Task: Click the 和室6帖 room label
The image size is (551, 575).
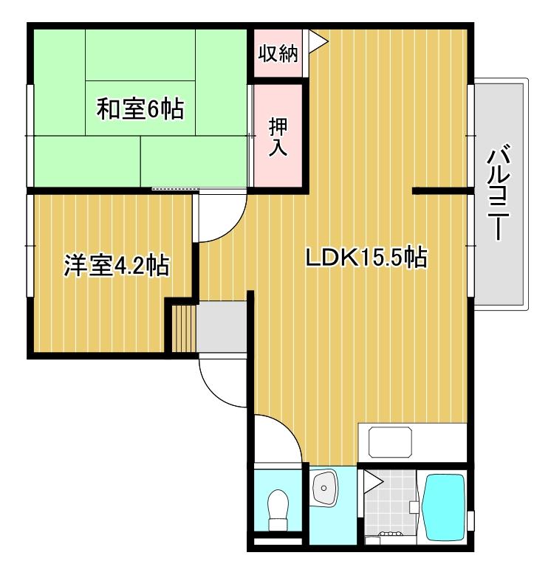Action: point(140,110)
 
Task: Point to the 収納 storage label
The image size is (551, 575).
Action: point(278,54)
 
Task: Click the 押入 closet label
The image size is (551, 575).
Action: point(277,136)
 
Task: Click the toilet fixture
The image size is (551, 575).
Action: point(278,509)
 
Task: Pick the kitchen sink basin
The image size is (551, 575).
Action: point(391,444)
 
